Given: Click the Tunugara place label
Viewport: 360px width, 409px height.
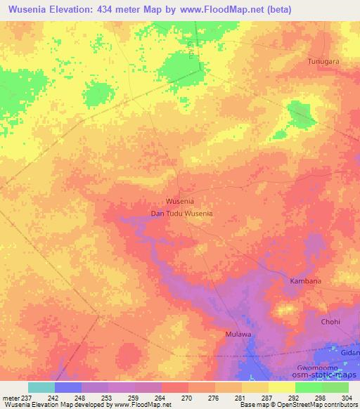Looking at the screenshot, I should point(323,62).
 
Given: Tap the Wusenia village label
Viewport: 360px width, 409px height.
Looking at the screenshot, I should point(179,201).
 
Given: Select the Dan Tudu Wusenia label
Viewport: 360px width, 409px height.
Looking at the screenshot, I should point(181,213).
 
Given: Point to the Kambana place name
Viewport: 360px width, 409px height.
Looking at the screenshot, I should point(306,281).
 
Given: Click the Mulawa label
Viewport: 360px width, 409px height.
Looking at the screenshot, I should point(238,334).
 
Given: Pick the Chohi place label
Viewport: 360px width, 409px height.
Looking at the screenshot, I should point(330,322).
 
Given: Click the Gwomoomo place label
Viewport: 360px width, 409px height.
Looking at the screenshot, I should point(319,368).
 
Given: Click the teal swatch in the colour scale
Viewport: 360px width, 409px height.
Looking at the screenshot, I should point(41,387).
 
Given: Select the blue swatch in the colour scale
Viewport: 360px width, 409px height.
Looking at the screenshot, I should point(68,387).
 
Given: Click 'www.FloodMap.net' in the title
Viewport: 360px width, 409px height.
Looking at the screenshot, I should point(223,9).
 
